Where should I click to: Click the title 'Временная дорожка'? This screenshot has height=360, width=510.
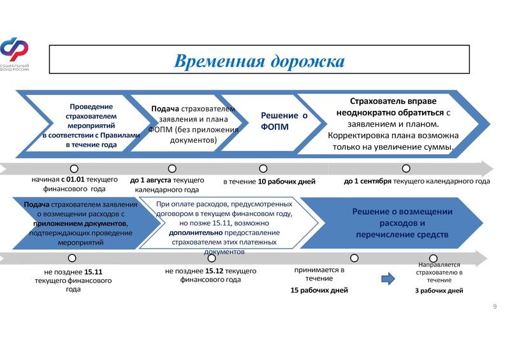(x=259, y=61)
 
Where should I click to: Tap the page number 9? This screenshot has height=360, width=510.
(x=495, y=306)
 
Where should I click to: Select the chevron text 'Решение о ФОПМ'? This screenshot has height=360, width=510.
(x=284, y=121)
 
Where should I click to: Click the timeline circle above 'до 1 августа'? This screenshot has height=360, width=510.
(x=172, y=168)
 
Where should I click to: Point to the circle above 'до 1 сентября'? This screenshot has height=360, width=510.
(x=406, y=168)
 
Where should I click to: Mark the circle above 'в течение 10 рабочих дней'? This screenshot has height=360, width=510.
(x=263, y=168)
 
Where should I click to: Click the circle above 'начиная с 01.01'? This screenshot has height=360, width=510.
(x=74, y=168)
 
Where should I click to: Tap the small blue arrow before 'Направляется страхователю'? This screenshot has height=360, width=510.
(x=388, y=278)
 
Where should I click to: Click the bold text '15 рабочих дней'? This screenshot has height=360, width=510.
(x=319, y=290)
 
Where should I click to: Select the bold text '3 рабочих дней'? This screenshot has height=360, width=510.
(x=439, y=291)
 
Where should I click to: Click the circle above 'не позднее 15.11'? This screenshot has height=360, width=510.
(x=72, y=258)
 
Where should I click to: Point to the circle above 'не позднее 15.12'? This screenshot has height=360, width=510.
(x=212, y=258)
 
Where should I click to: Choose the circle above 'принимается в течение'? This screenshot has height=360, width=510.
(x=354, y=258)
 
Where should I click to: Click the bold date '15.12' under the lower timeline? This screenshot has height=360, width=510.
(x=214, y=271)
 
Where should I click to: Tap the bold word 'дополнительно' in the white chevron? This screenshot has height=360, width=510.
(x=196, y=233)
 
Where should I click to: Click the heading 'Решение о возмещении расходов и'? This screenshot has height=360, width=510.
(x=402, y=217)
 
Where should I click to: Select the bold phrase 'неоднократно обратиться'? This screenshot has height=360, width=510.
(x=390, y=113)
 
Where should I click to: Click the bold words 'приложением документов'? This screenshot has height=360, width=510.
(x=80, y=224)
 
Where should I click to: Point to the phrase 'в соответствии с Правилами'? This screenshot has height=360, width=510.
(x=91, y=135)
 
